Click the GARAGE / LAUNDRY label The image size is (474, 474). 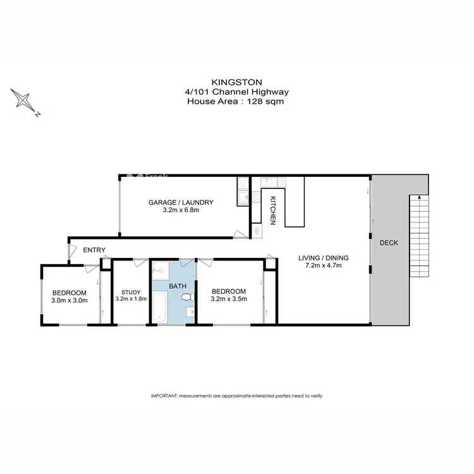pyautogui.click(x=181, y=202)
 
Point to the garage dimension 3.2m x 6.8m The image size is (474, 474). pyautogui.click(x=181, y=210)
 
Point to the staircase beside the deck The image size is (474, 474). pyautogui.click(x=419, y=236)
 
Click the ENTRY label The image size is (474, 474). pyautogui.click(x=94, y=250)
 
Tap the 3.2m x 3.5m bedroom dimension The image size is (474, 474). pyautogui.click(x=229, y=299)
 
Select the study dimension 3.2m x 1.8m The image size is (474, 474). pyautogui.click(x=131, y=299)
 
